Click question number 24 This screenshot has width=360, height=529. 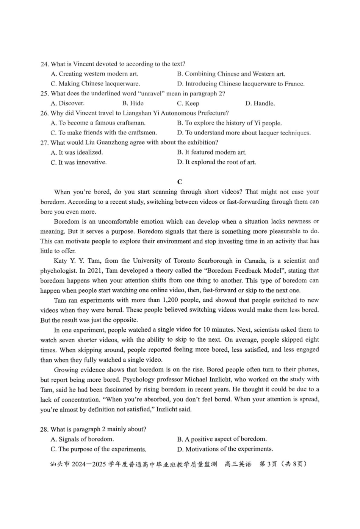tap(44, 64)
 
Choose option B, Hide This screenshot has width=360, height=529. tap(133, 103)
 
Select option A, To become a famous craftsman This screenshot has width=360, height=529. tap(98, 123)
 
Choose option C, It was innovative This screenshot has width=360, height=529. tap(79, 162)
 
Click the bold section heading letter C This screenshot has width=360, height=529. tap(180, 182)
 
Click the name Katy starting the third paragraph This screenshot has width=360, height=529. tap(61, 261)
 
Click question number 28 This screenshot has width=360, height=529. tap(44, 429)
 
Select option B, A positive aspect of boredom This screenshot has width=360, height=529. tap(222, 439)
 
